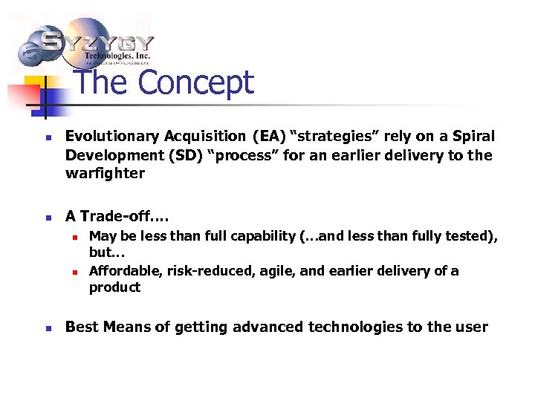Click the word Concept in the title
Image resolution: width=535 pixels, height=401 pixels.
pyautogui.click(x=196, y=83)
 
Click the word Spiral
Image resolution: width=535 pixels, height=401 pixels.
pyautogui.click(x=472, y=137)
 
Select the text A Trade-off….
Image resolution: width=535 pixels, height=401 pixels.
pyautogui.click(x=117, y=217)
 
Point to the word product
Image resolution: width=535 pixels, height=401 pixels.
pyautogui.click(x=114, y=288)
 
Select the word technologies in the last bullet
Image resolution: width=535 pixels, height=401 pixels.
pyautogui.click(x=351, y=327)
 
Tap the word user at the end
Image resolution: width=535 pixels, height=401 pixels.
pyautogui.click(x=471, y=327)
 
